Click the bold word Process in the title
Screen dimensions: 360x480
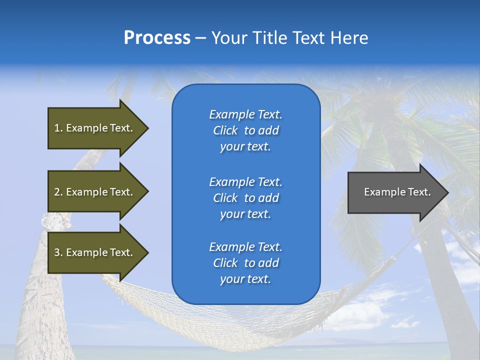157,38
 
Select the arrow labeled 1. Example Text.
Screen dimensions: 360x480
95,128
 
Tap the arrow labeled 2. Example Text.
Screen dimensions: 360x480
95,192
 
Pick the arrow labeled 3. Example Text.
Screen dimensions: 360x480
95,252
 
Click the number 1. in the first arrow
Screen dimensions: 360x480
58,128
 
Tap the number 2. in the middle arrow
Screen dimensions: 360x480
58,192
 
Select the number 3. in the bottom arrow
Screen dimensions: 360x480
58,252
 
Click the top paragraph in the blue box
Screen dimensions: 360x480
245,130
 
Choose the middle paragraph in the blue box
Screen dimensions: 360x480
245,198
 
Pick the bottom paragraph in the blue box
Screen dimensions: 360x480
245,263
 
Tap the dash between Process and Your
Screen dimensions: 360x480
200,38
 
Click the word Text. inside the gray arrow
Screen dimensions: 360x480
418,192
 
